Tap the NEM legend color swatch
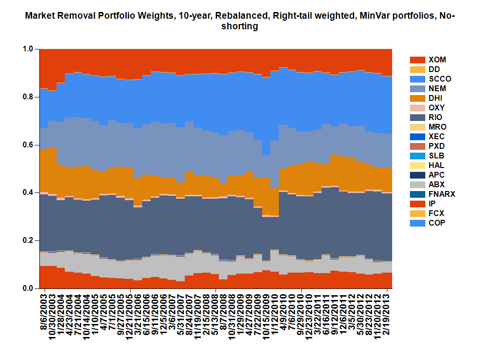click(x=417, y=89)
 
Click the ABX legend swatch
click(x=417, y=185)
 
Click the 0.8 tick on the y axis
click(x=28, y=97)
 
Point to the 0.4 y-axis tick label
click(x=28, y=192)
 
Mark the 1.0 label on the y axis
click(x=28, y=49)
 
